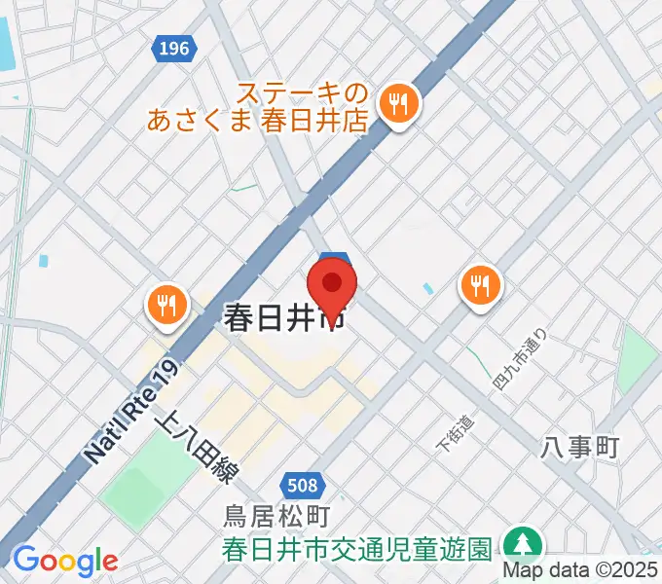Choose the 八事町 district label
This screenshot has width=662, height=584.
tap(580, 448)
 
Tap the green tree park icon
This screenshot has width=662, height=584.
tap(523, 544)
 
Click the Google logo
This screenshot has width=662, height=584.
tap(64, 561)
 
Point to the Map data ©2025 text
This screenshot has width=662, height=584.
tap(581, 571)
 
